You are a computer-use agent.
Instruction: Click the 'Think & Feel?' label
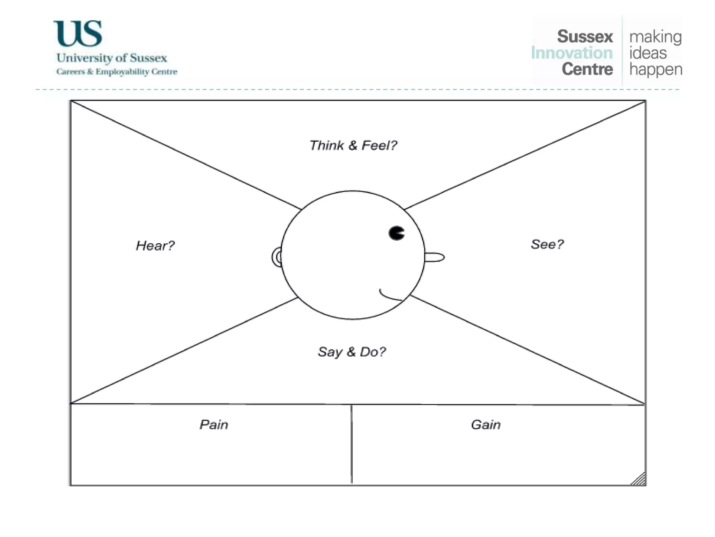(x=353, y=145)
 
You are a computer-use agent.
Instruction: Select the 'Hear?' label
(x=155, y=245)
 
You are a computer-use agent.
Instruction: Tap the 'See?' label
(x=547, y=244)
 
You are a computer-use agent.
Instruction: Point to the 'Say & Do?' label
(x=352, y=351)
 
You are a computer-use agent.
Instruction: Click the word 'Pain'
(x=214, y=424)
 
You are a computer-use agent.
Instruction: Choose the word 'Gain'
(x=485, y=424)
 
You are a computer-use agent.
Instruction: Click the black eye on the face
(x=396, y=233)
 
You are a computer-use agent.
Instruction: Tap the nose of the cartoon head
(x=435, y=257)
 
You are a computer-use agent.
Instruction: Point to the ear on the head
(x=277, y=257)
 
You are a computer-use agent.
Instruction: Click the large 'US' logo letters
(x=78, y=34)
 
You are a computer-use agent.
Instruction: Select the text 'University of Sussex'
(x=112, y=58)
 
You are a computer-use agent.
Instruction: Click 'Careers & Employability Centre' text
(x=117, y=72)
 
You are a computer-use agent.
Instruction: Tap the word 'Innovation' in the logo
(x=572, y=53)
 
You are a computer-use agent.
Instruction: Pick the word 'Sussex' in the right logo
(x=585, y=36)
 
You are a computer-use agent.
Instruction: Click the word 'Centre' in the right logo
(x=587, y=69)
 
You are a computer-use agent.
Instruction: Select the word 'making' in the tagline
(x=655, y=37)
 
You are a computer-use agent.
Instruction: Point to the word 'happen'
(x=656, y=70)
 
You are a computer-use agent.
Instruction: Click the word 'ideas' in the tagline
(x=648, y=53)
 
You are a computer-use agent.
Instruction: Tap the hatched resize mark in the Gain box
(x=639, y=479)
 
